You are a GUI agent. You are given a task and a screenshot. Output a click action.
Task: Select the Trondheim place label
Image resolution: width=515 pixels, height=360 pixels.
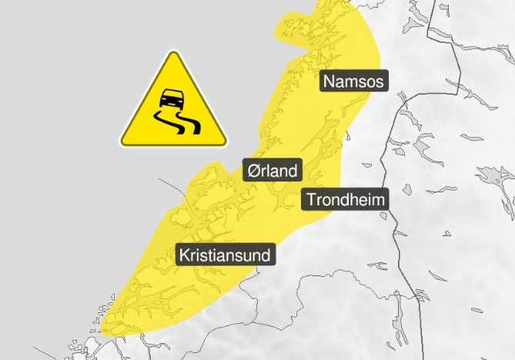click(345, 200)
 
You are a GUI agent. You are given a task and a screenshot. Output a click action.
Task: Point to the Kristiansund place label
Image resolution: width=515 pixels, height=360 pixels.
click(226, 255)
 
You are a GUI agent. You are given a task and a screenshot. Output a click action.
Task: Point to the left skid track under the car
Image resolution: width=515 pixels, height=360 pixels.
click(165, 122)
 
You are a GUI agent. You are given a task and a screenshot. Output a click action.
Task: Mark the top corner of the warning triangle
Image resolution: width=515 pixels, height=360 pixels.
click(173, 53)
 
